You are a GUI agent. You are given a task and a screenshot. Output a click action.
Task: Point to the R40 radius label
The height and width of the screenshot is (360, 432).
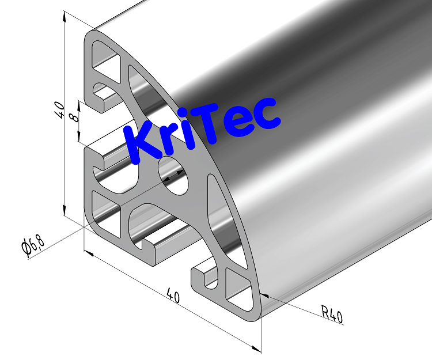[x=332, y=314]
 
